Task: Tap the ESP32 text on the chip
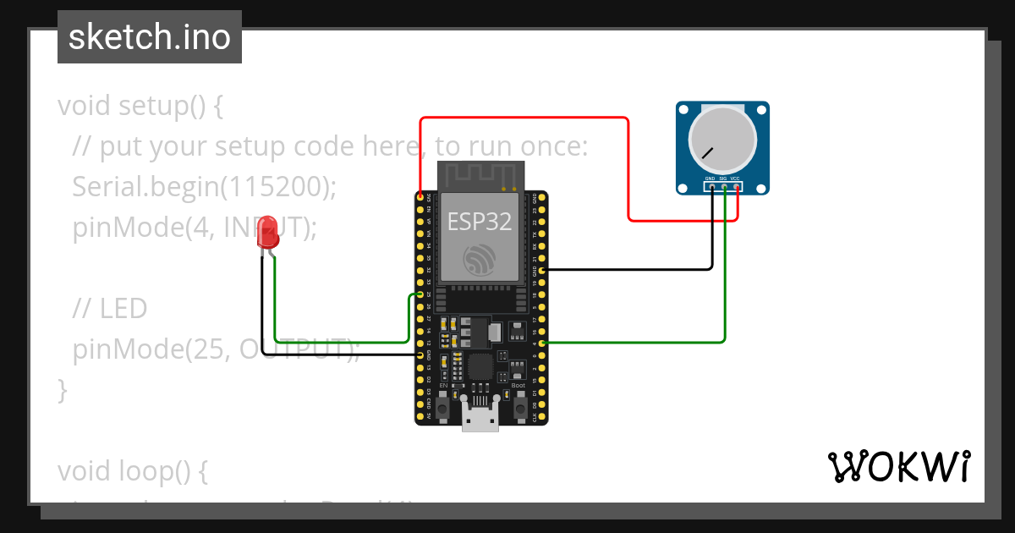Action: coord(480,221)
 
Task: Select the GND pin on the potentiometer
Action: coord(711,187)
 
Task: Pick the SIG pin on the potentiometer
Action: coord(724,187)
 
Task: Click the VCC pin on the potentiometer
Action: coord(737,187)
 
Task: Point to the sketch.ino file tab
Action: coord(150,37)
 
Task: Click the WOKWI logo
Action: coord(898,466)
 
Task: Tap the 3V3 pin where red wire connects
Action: coord(420,196)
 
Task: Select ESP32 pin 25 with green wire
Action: coord(420,294)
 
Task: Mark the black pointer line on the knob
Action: coord(707,153)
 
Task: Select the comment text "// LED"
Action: coord(110,309)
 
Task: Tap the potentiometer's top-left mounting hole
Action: coord(684,109)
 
